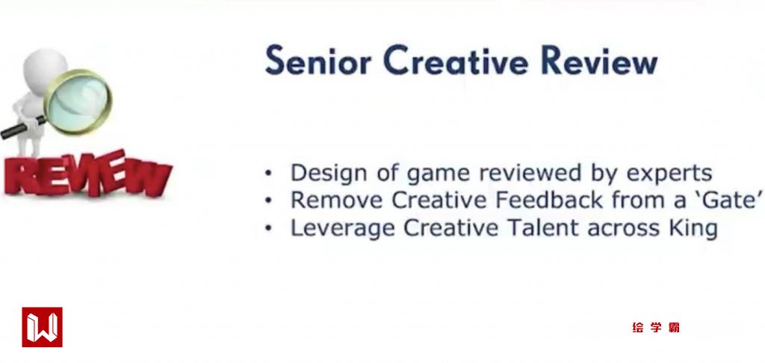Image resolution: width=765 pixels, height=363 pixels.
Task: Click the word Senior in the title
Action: pyautogui.click(x=318, y=61)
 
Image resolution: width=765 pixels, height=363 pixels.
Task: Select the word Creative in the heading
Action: pyautogui.click(x=456, y=61)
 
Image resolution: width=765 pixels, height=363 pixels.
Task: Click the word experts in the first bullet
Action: pyautogui.click(x=669, y=174)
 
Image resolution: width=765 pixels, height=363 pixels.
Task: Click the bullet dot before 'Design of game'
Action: pyautogui.click(x=268, y=173)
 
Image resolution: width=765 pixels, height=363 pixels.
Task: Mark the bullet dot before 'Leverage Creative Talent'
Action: pyautogui.click(x=268, y=228)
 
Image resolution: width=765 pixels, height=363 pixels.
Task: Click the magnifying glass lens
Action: pyautogui.click(x=78, y=102)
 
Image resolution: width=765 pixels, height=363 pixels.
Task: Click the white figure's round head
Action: pyautogui.click(x=45, y=69)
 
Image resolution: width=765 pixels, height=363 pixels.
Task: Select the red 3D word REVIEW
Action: pyautogui.click(x=87, y=173)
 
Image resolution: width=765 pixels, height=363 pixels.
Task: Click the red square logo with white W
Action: pyautogui.click(x=42, y=327)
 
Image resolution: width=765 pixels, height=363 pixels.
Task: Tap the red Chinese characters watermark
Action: pyautogui.click(x=656, y=327)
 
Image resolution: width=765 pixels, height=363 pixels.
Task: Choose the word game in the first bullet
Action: pyautogui.click(x=441, y=174)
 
